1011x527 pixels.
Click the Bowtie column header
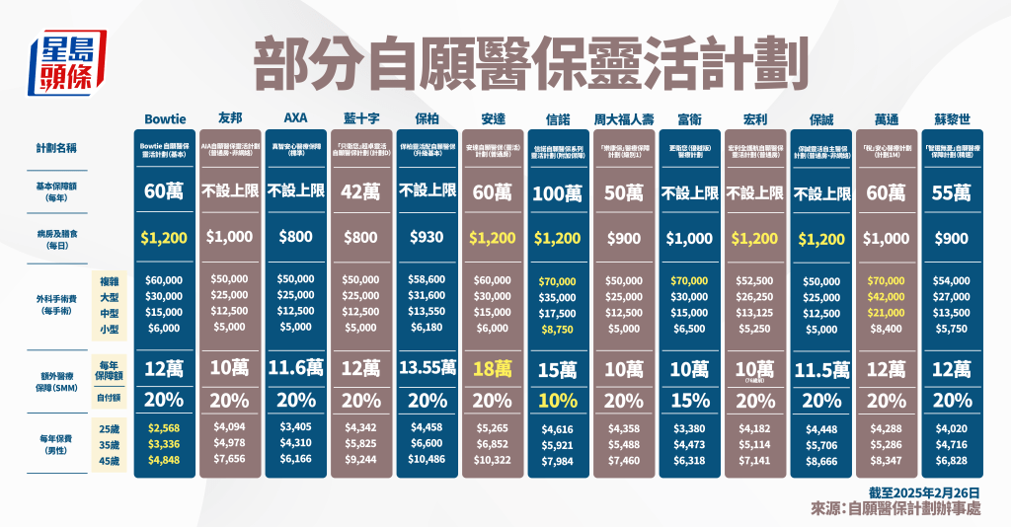tap(166, 114)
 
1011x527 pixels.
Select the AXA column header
tap(296, 114)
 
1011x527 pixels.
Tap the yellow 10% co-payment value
tap(558, 402)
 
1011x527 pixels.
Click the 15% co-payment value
tap(689, 402)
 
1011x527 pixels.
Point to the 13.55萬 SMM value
tap(428, 369)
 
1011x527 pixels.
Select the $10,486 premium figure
tap(428, 460)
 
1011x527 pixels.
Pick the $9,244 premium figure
tap(361, 460)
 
